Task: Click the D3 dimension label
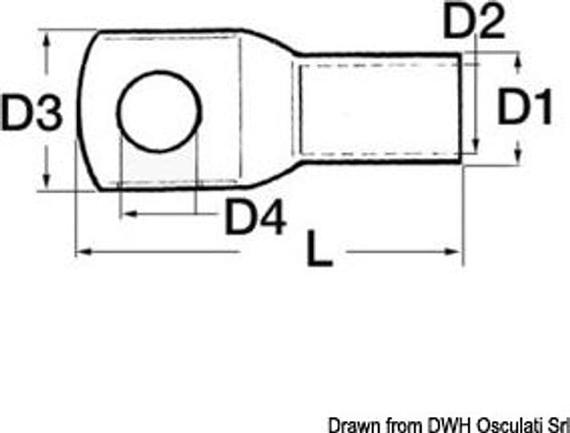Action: (31, 112)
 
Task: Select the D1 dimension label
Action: (525, 106)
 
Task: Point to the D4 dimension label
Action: (256, 216)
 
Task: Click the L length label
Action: (320, 249)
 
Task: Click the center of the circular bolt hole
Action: (159, 111)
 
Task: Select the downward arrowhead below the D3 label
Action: (47, 180)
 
